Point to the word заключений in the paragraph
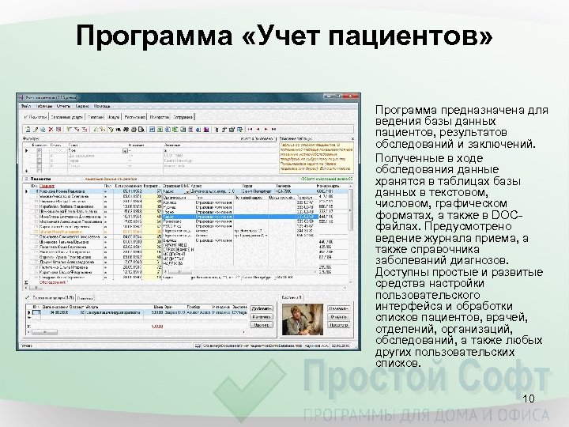click(x=506, y=145)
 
